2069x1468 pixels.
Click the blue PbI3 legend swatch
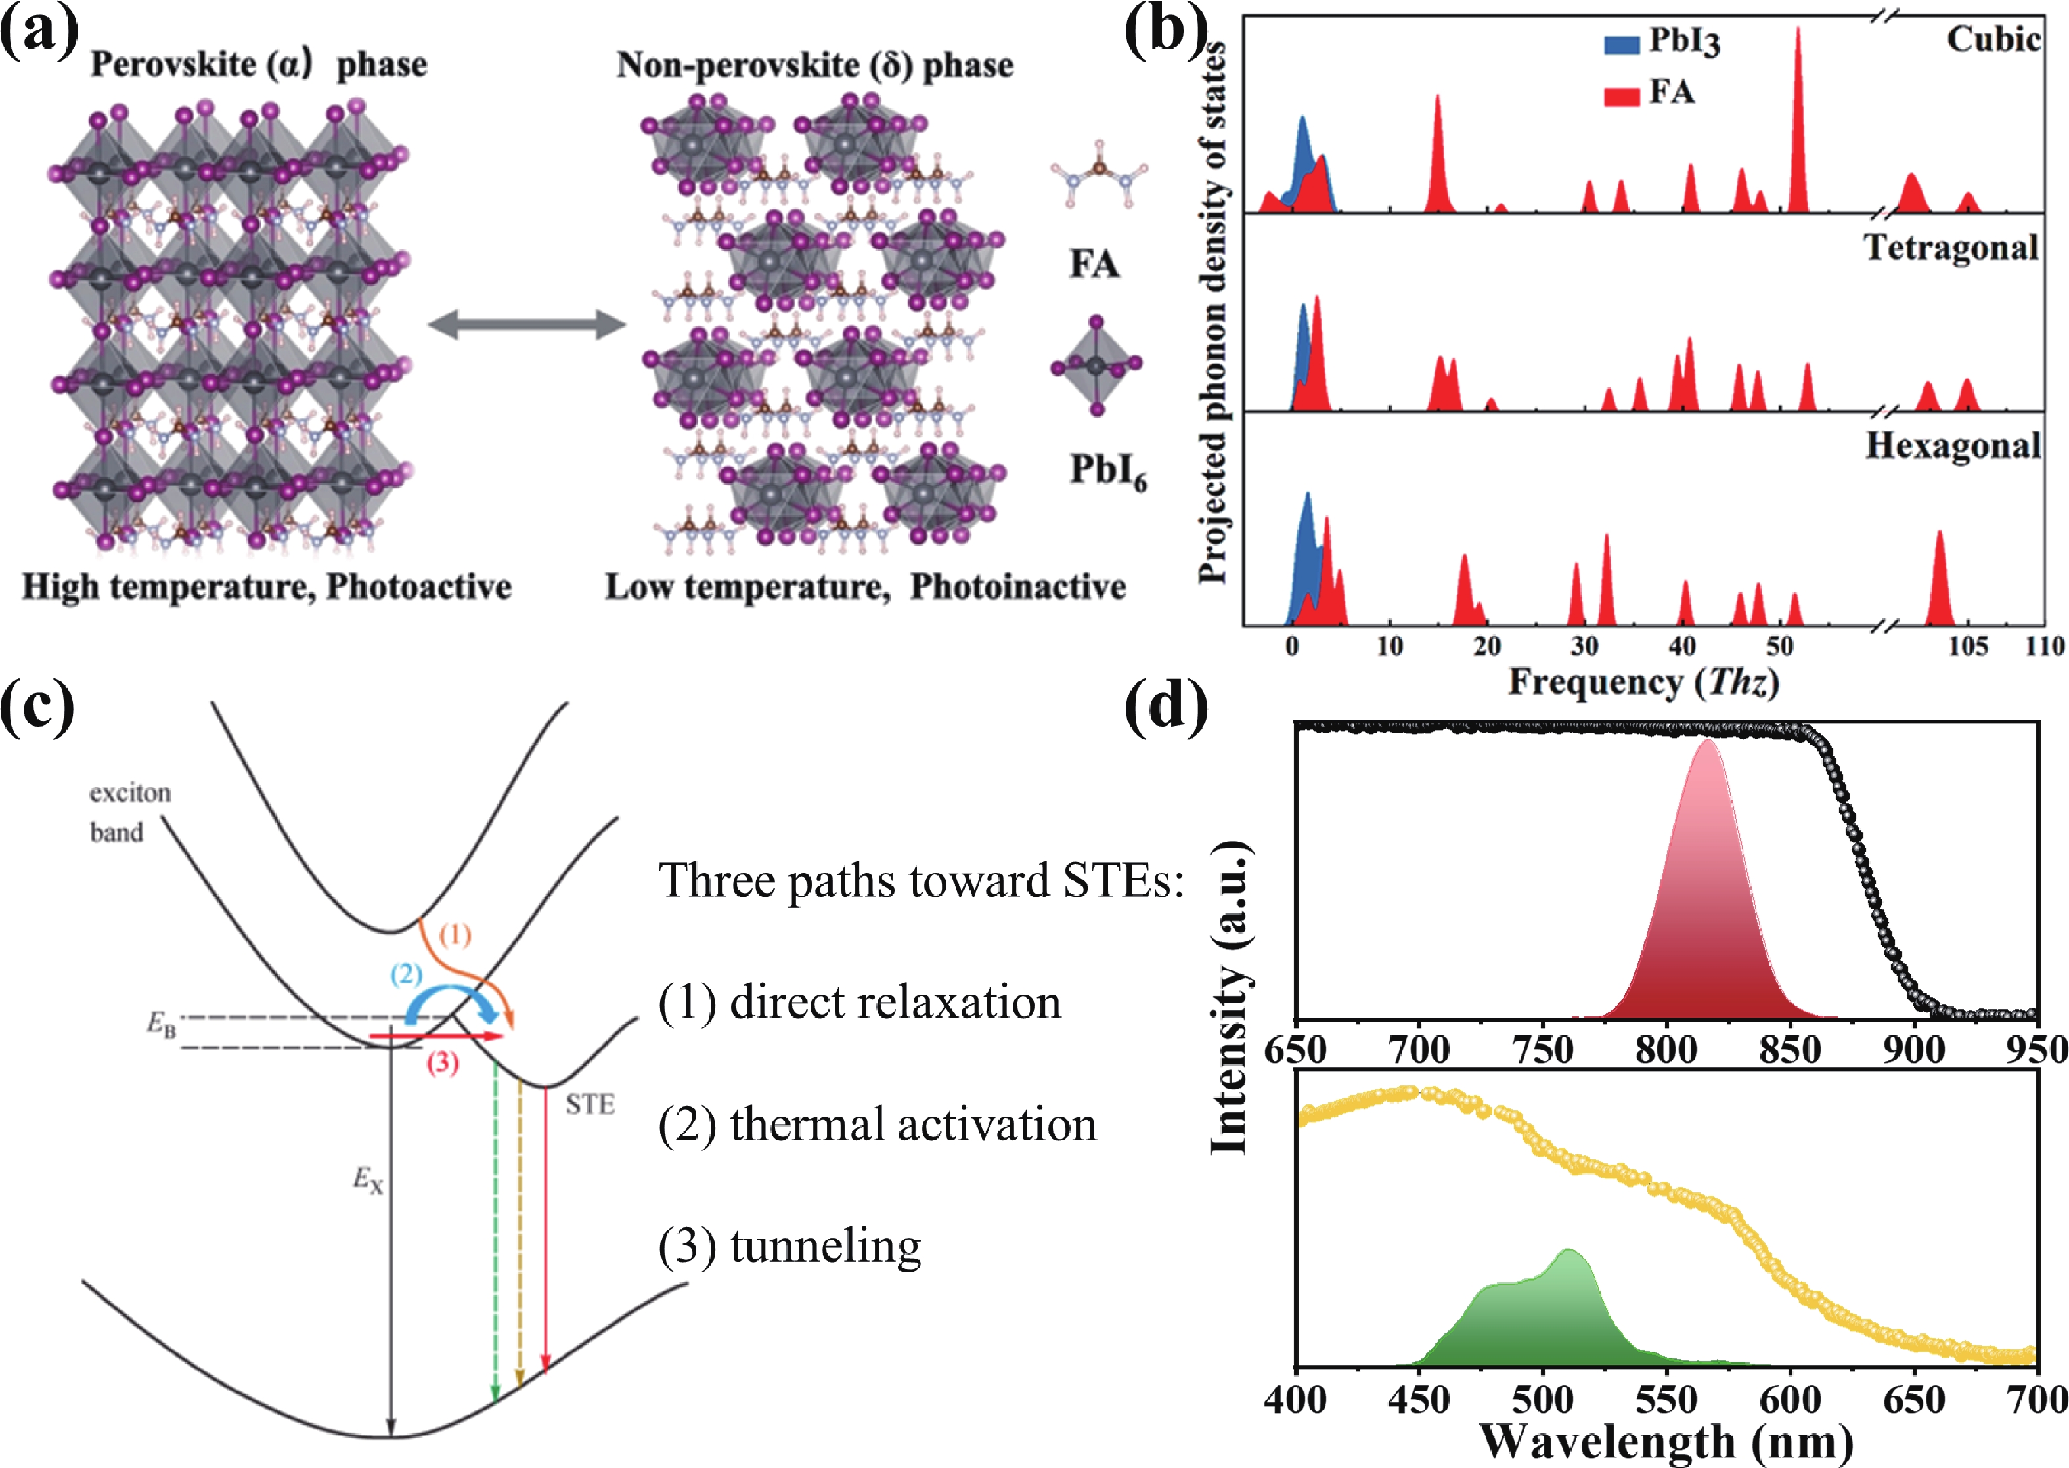click(1622, 44)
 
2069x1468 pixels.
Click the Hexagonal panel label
click(1953, 446)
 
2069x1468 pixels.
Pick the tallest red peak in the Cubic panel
click(1798, 36)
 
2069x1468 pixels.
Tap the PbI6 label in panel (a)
click(1108, 471)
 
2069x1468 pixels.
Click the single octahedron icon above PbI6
click(1096, 366)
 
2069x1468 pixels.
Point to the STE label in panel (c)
click(590, 1105)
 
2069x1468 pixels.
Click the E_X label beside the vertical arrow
click(367, 1180)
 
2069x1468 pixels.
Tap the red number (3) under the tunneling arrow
click(442, 1063)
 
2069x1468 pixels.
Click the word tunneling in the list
click(825, 1247)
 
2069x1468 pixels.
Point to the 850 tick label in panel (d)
click(1791, 1050)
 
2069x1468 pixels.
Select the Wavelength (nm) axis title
click(1666, 1442)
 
